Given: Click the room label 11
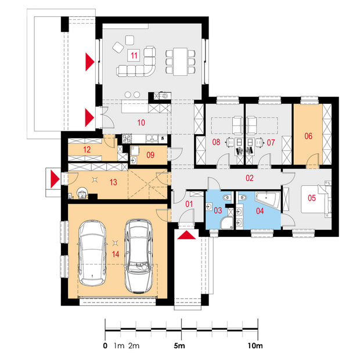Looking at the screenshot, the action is tap(134, 55).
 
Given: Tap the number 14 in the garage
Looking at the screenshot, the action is tap(116, 254).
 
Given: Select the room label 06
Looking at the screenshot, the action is tap(308, 136).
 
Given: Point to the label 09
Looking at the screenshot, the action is tap(150, 155).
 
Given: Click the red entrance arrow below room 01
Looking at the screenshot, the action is tap(186, 235).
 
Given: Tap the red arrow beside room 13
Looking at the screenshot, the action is tap(55, 179).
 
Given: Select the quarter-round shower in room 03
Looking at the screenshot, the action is tap(226, 223).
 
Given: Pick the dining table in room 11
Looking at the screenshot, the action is tap(180, 62).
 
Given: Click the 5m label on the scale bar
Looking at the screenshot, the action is tap(179, 345).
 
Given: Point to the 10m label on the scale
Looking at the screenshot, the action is tap(255, 345).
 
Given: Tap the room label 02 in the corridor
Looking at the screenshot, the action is tap(250, 178).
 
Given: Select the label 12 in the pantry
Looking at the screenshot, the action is tap(87, 150).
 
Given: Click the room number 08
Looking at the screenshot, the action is tap(216, 142).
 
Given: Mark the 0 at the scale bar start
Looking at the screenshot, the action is tap(105, 345).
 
